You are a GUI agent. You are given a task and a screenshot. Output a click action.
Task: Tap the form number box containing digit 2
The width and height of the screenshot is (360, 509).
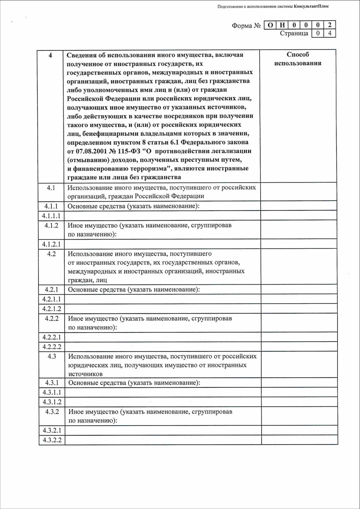pos(330,25)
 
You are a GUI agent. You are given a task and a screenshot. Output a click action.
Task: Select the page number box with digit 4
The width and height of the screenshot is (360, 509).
pos(330,33)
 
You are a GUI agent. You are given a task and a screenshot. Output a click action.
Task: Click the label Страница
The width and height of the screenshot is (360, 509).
pos(294,33)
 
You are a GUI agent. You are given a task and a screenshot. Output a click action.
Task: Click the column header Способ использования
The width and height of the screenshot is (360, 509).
pos(298,59)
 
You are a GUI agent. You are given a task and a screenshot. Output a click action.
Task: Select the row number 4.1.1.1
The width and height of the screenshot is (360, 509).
pos(51,216)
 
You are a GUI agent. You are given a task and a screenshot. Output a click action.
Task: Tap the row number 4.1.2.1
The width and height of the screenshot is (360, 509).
pos(51,244)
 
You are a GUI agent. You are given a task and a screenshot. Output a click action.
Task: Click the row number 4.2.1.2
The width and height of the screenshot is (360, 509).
pos(51,309)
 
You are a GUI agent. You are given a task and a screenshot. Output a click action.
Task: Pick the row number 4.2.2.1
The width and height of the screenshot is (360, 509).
pos(51,337)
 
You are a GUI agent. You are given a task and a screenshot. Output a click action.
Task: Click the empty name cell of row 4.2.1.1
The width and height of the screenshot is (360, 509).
pos(162,299)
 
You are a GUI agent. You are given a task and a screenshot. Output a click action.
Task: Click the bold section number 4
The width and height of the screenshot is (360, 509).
pos(50,55)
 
